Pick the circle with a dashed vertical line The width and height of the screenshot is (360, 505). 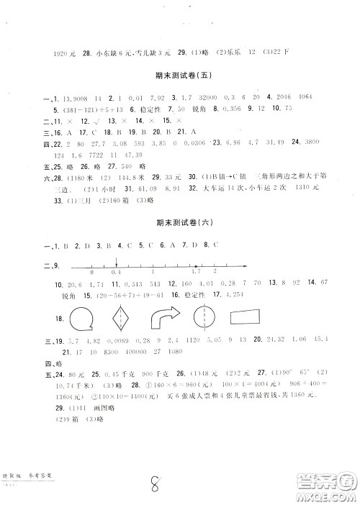pos(207,318)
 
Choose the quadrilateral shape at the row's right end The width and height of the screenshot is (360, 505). pos(250,318)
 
